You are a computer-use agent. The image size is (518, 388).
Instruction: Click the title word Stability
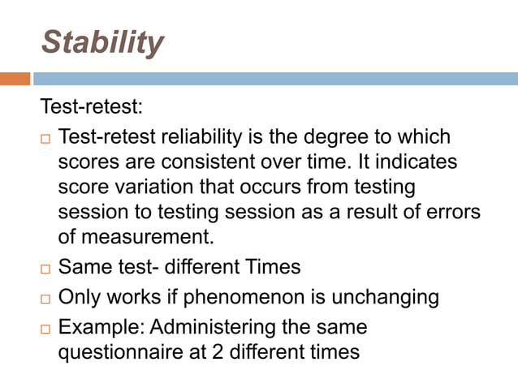(102, 42)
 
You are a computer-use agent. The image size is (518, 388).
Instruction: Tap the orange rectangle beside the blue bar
(15, 79)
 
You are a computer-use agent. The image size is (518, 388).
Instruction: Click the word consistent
(209, 162)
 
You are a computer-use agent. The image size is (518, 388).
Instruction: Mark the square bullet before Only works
(45, 299)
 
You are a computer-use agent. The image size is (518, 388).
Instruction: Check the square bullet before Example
(45, 330)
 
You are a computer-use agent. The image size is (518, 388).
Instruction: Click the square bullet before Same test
(45, 268)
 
